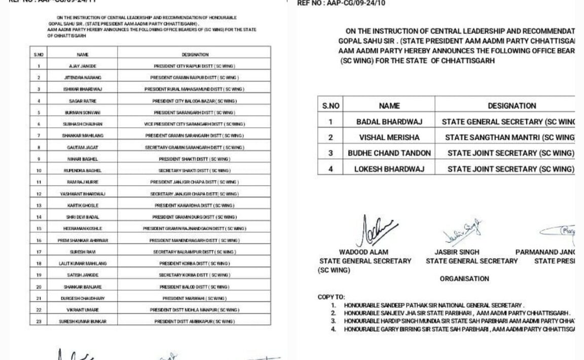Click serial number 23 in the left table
(x=39, y=321)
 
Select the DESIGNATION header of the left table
(x=195, y=54)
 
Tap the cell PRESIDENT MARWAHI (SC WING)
(x=195, y=298)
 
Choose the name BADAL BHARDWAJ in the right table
(x=389, y=122)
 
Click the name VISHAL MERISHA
(x=389, y=137)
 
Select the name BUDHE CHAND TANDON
(x=389, y=153)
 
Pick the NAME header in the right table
(x=389, y=106)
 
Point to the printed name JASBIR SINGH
(x=457, y=252)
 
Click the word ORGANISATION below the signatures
(x=464, y=279)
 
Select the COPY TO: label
(x=331, y=297)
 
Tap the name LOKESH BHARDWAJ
(x=389, y=169)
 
